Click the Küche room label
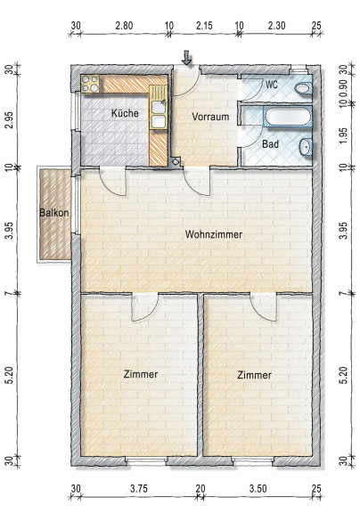(x=125, y=113)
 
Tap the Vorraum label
(x=210, y=117)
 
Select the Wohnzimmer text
(x=214, y=234)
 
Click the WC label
(x=272, y=85)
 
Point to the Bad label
(x=270, y=144)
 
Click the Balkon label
(x=54, y=213)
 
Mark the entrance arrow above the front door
(x=186, y=58)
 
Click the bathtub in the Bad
(x=287, y=116)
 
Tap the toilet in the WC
(x=303, y=88)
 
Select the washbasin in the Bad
(x=306, y=147)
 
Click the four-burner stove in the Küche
(x=90, y=84)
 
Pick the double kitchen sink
(x=159, y=114)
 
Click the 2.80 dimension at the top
(x=124, y=25)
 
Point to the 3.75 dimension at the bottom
(x=139, y=489)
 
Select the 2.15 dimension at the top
(x=204, y=25)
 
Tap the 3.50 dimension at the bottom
(x=258, y=489)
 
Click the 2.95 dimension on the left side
(x=10, y=120)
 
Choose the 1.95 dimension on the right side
(x=343, y=135)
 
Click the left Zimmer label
(x=141, y=374)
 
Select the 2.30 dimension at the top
(x=276, y=25)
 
